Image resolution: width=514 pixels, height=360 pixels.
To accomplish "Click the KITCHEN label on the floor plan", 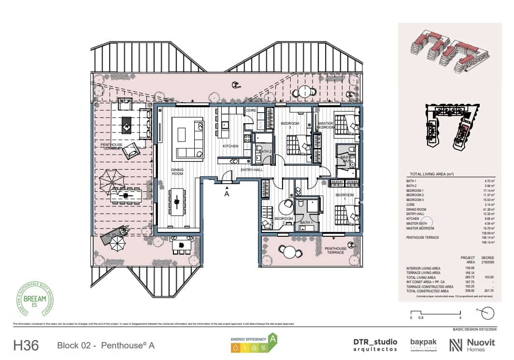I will pos(230,146).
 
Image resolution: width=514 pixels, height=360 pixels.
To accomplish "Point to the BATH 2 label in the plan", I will pos(265,151).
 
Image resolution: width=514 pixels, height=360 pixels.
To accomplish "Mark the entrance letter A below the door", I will pos(226,194).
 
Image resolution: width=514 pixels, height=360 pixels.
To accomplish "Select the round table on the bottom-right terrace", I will pos(288,251).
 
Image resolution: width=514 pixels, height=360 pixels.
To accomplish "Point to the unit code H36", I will pos(26,346).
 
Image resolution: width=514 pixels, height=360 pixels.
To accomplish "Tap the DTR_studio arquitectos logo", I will pos(375,345).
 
